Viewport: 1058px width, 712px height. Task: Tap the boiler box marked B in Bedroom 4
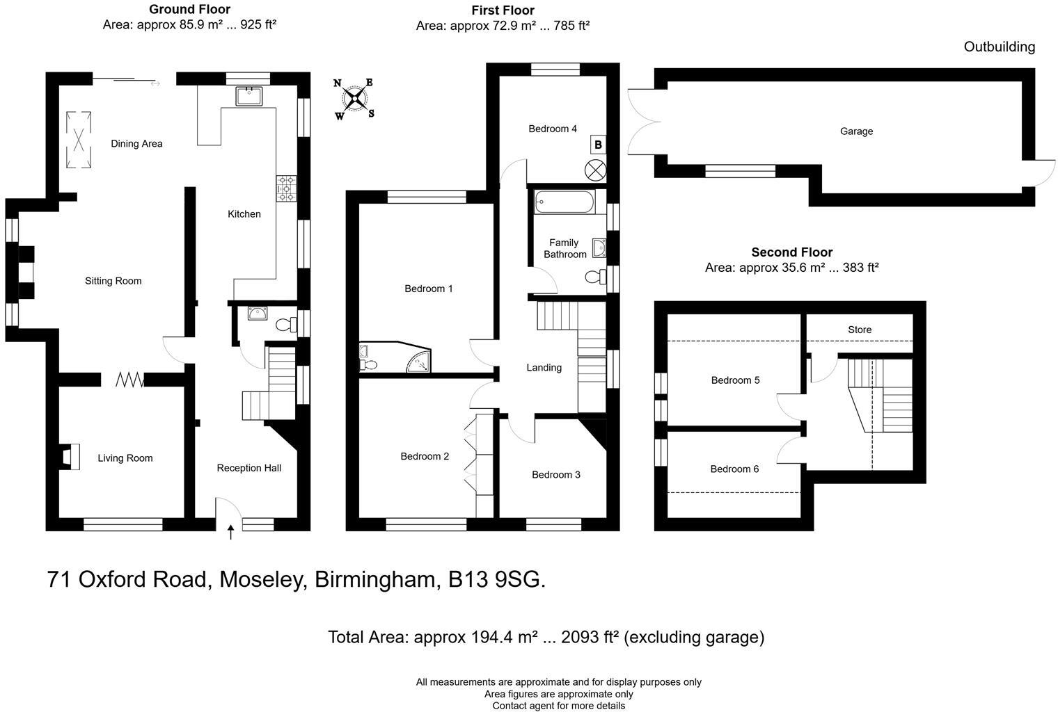pos(597,145)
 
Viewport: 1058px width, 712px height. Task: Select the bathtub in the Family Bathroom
pos(565,203)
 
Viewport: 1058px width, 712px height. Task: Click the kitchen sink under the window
pos(248,95)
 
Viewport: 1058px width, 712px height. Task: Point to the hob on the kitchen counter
pos(286,188)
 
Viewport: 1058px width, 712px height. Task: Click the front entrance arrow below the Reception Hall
pos(230,532)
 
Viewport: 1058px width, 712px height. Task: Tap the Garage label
pos(856,131)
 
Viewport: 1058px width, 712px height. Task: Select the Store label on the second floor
pos(860,330)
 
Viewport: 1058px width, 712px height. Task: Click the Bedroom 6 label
pos(734,469)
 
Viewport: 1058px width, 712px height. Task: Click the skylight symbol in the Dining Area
pos(78,140)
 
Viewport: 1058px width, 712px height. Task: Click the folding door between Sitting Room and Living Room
pos(129,380)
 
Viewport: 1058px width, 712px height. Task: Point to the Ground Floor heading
pos(189,10)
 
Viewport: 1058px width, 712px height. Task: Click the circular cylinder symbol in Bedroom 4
pos(595,169)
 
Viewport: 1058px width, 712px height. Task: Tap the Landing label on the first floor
pos(544,367)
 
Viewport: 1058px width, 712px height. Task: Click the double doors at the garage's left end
pos(642,122)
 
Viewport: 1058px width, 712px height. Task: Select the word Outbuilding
pos(999,47)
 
